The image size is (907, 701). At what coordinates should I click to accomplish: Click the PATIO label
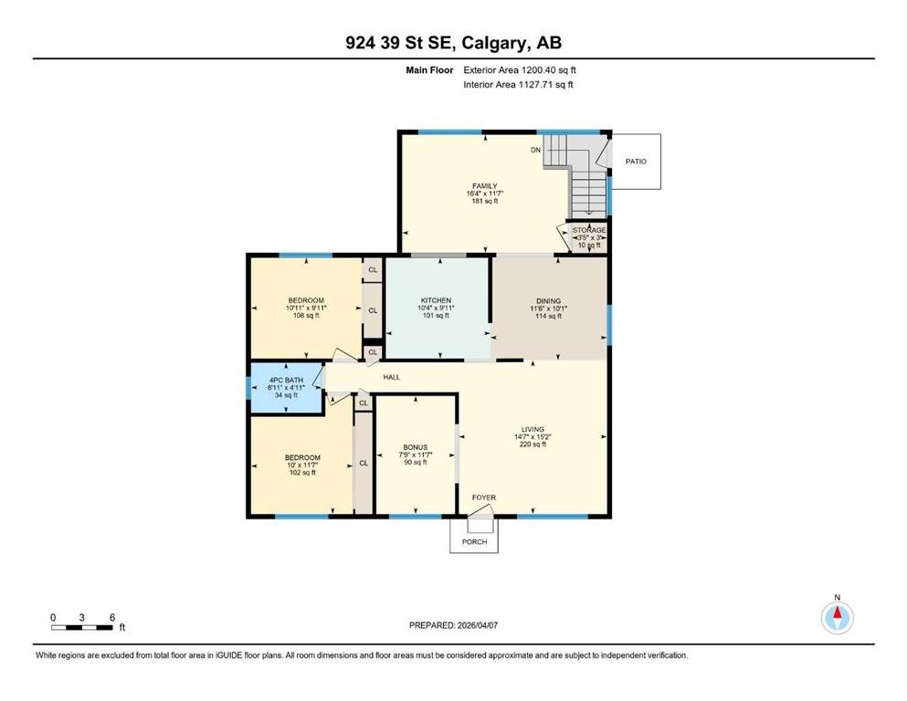point(636,162)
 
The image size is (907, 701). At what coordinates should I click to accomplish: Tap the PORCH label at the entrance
point(474,541)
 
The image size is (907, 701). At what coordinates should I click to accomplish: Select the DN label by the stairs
point(535,150)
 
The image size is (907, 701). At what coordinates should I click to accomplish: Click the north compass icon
point(837,617)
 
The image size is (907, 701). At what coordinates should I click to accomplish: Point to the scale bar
point(82,628)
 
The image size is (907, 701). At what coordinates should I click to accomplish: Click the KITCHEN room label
point(436,300)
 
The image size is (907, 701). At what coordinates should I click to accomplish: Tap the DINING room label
point(548,301)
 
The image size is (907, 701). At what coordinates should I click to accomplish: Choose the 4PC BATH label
point(286,381)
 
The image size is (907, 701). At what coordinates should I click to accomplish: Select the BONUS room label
point(416,447)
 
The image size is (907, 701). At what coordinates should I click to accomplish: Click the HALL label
point(392,377)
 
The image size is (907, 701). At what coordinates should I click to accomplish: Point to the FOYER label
point(483,497)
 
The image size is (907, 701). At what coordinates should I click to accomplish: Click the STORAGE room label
point(589,230)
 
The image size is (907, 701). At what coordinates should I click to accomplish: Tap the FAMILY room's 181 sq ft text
point(485,201)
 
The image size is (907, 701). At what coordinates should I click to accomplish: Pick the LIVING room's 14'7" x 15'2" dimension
point(533,437)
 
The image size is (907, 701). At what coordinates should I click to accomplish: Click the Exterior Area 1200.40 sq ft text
point(520,70)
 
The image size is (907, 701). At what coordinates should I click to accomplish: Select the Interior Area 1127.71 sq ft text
point(518,84)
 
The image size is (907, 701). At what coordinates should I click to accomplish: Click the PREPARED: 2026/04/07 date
point(453,625)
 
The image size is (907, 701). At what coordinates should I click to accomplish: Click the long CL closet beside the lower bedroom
point(364,463)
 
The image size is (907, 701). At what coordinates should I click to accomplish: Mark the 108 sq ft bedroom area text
point(306,316)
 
